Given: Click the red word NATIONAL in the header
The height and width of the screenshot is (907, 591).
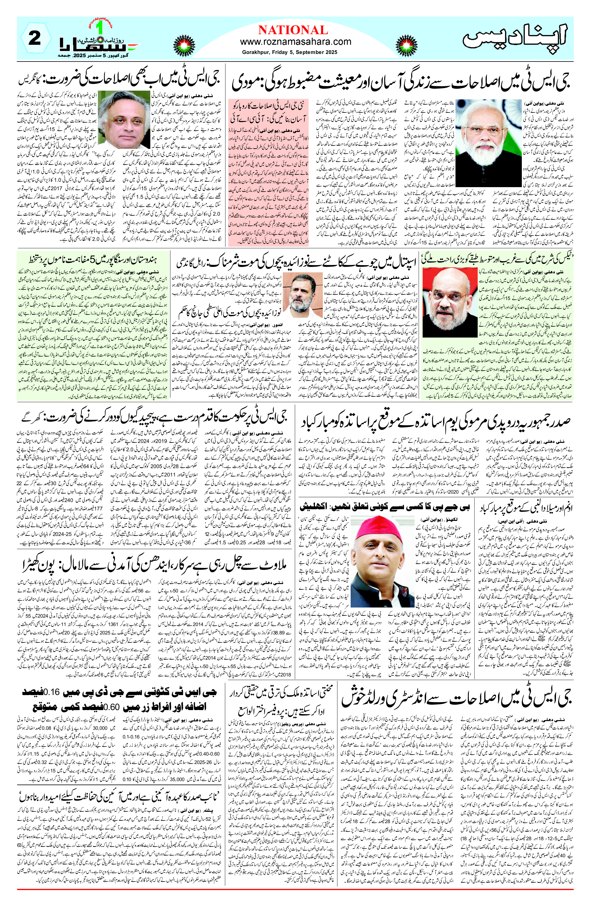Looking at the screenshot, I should [293, 30].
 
